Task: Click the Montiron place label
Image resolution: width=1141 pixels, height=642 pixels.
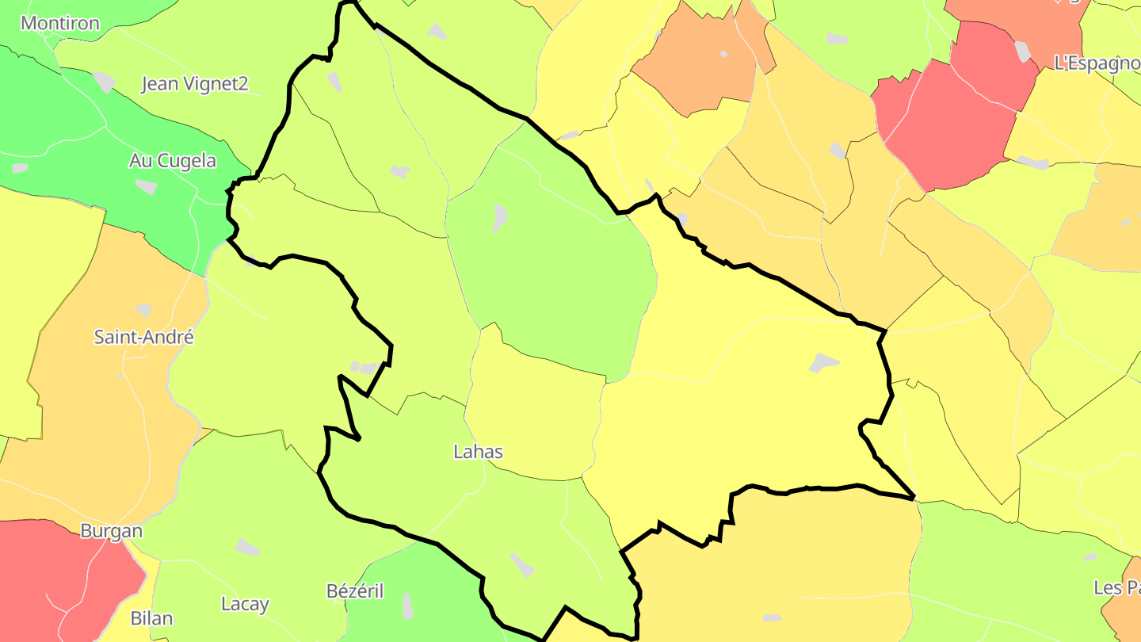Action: coord(60,23)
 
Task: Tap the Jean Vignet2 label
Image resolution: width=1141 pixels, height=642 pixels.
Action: coord(195,83)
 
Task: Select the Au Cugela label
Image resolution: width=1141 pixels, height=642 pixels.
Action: coord(172,161)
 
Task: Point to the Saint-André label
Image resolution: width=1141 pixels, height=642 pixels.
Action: coord(143,337)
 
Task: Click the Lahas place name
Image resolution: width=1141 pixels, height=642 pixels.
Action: coord(478,452)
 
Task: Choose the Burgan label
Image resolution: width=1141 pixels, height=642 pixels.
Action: coord(112,531)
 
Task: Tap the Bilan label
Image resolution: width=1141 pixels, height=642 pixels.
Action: coord(151,618)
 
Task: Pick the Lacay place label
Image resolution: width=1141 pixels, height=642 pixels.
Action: coord(245,604)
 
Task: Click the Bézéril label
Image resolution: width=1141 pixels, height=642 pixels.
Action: coord(355,590)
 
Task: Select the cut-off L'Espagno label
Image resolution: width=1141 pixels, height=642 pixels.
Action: coord(1097,63)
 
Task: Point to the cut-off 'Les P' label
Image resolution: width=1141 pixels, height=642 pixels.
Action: coord(1116,587)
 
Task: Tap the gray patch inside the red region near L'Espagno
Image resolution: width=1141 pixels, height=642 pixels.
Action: coord(1023,52)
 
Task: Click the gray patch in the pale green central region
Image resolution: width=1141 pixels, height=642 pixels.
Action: coord(499,218)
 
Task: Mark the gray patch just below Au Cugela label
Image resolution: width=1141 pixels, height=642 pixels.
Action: coord(147,187)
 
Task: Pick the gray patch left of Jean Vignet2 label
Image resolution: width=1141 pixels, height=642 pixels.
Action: coord(104,82)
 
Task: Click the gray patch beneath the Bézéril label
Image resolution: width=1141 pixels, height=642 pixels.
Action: coord(407,606)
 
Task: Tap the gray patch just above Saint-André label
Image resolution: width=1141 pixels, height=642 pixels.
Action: coord(143,310)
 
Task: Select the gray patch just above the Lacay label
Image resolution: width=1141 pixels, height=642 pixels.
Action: coord(247,547)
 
